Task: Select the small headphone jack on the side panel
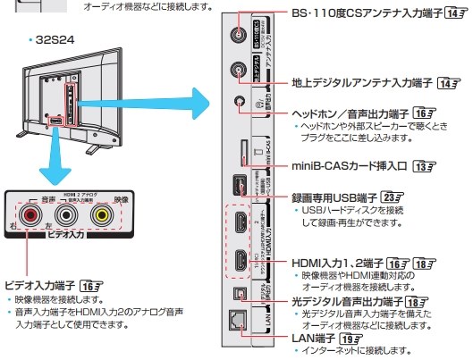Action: [239, 102]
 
